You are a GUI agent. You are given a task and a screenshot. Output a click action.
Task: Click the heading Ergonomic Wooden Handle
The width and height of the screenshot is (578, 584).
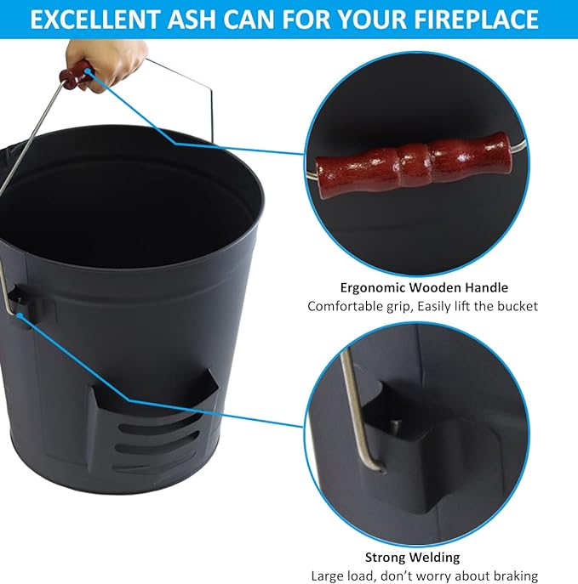click(x=423, y=287)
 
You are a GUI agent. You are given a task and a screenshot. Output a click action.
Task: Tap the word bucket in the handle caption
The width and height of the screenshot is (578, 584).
click(x=519, y=305)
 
